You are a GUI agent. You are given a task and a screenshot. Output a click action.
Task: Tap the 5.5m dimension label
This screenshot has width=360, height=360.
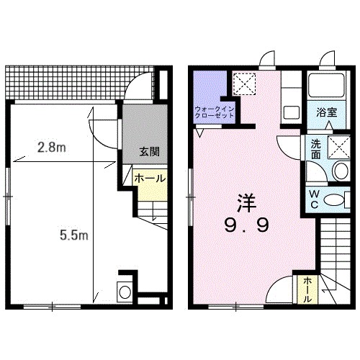[73, 234]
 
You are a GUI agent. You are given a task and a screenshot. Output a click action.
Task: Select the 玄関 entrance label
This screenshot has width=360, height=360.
[149, 152]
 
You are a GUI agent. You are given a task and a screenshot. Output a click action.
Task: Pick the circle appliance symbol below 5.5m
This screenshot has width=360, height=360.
[125, 292]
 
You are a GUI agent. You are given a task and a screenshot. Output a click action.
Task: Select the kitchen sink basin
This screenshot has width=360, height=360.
[292, 113]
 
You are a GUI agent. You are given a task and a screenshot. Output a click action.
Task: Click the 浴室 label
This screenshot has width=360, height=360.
[328, 112]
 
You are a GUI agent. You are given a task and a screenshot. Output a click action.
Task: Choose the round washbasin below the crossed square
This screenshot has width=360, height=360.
[339, 171]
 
